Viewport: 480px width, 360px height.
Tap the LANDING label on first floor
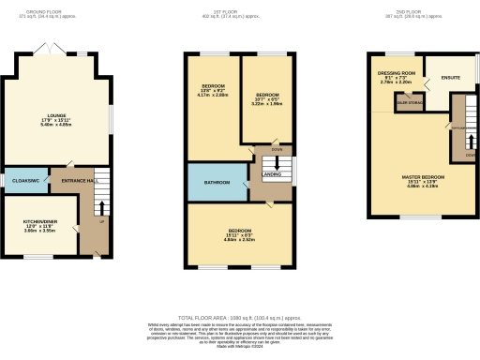[x=271, y=172]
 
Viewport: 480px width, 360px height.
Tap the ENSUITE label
[x=450, y=78]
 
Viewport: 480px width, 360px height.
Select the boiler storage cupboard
[x=408, y=103]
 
